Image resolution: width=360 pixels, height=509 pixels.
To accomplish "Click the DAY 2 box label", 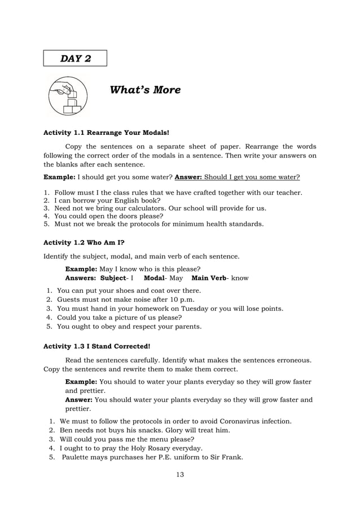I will [75, 59].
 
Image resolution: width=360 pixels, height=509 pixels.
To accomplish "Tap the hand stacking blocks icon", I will [67, 96].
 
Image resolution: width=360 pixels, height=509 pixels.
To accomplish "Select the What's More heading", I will [145, 90].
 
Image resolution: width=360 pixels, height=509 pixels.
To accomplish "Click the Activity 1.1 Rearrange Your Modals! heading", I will [106, 134].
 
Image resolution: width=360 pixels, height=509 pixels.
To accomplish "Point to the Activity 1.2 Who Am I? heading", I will [84, 243].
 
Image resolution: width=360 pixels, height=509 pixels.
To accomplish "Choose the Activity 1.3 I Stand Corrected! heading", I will [97, 346].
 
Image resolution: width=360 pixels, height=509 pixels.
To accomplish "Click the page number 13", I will [180, 474].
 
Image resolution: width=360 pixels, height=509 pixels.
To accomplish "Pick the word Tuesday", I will [194, 309].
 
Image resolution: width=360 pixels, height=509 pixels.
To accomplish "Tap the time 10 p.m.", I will [172, 300].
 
